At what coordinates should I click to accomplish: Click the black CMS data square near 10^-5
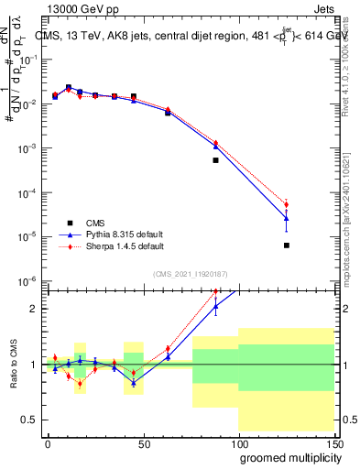pos(287,245)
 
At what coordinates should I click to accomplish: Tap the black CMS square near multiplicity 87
pos(215,160)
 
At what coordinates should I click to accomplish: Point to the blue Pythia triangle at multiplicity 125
pos(287,218)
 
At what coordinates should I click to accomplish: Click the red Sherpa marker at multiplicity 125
pos(287,204)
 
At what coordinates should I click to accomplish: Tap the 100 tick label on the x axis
pos(238,442)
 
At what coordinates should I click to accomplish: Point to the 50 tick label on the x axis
pos(143,442)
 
